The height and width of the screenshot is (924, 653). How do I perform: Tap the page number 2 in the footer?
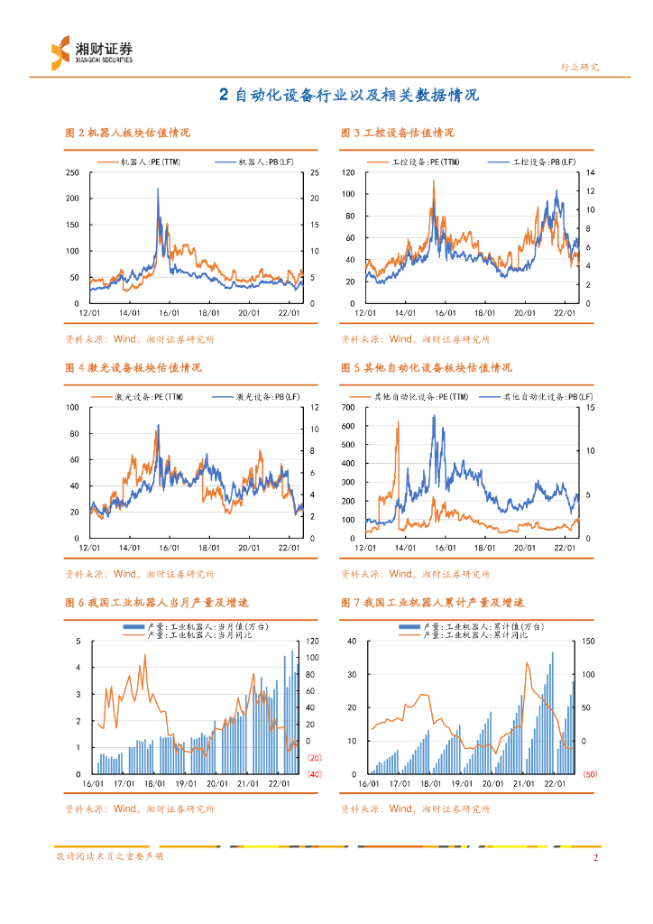click(595, 857)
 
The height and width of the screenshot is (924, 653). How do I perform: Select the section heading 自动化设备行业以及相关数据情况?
click(355, 95)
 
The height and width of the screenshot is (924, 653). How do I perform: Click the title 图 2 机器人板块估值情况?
click(127, 133)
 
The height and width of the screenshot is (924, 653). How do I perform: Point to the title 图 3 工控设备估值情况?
click(397, 133)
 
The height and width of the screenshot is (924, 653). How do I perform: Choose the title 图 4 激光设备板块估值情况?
click(133, 368)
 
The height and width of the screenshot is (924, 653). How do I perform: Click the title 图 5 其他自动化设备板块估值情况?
click(426, 368)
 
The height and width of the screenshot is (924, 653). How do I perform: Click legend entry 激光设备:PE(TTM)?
click(138, 397)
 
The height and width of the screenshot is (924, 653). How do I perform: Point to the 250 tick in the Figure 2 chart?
click(72, 172)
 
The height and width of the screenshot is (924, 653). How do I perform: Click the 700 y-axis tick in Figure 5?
click(350, 408)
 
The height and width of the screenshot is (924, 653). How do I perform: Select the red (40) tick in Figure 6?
click(315, 774)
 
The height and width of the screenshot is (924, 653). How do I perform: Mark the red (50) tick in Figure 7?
click(590, 774)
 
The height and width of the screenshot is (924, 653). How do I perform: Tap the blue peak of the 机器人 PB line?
click(159, 189)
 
